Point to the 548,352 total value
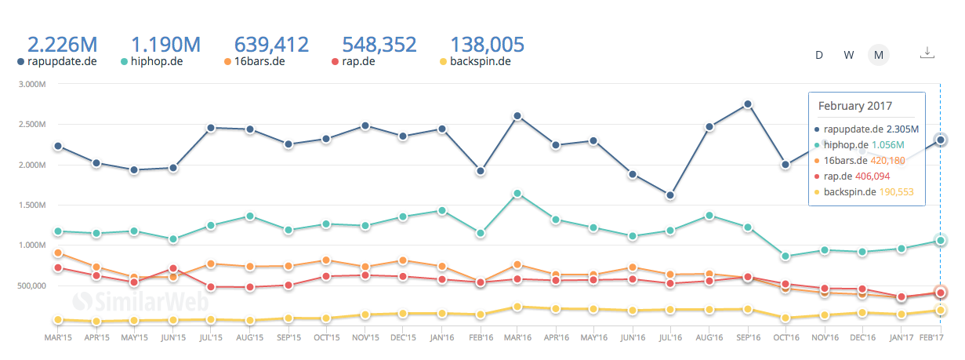(x=380, y=45)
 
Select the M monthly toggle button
(x=879, y=55)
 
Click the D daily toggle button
(x=819, y=55)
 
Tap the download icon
(x=927, y=53)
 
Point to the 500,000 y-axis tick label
(x=32, y=285)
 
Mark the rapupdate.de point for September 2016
(x=748, y=104)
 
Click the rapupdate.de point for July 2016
(x=670, y=195)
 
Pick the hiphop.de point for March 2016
(x=517, y=193)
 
